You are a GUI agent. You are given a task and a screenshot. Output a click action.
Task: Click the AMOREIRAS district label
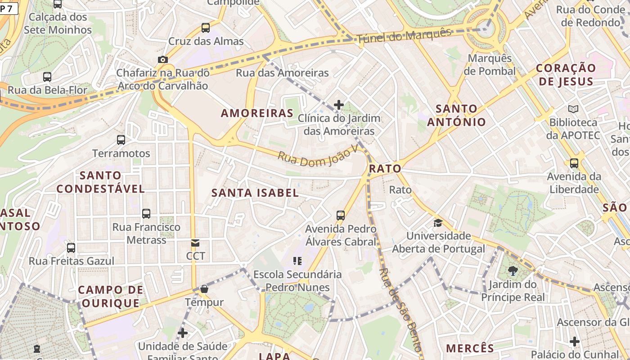coord(257,113)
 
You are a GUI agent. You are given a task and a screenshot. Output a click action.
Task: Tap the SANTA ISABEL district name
coord(255,193)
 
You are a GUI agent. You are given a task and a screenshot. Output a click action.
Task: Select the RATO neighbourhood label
coord(385,169)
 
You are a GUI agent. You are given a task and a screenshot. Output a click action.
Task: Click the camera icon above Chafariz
coord(163,59)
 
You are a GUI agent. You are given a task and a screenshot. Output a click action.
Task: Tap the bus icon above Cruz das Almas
coord(206,28)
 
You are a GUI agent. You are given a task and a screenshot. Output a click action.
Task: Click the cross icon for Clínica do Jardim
coord(339,105)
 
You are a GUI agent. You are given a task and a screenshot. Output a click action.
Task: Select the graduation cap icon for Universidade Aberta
coord(438,223)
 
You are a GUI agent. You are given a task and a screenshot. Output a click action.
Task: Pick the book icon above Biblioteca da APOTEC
coord(573,109)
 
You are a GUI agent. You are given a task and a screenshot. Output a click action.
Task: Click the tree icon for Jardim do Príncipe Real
coord(513,270)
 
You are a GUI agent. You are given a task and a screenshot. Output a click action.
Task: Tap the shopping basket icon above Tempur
coord(204,288)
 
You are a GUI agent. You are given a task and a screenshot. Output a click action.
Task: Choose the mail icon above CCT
coord(195,243)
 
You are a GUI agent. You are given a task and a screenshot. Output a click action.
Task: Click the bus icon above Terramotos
coord(121,140)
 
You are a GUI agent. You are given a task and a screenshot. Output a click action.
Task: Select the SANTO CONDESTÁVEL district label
coord(100,182)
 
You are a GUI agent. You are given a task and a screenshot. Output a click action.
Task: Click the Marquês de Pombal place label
coord(490,65)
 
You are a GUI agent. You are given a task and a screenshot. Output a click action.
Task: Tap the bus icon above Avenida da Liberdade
coord(574,163)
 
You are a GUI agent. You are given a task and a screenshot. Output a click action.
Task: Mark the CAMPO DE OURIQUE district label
coord(111,296)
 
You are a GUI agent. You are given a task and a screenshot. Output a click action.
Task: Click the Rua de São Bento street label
coord(400,310)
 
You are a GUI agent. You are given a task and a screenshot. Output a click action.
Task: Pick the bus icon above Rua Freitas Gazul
coord(71,248)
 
